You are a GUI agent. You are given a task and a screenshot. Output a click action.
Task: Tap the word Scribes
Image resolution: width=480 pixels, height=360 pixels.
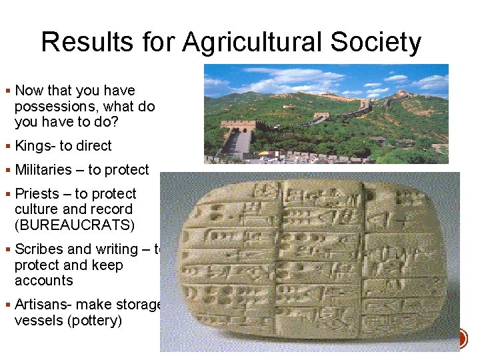[39, 249]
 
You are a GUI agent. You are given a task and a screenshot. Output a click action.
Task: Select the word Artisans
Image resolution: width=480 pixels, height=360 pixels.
[42, 305]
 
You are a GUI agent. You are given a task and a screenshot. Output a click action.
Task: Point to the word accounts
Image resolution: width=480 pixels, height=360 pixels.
[44, 281]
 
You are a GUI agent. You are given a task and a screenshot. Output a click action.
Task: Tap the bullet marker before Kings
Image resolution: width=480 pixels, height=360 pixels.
[7, 147]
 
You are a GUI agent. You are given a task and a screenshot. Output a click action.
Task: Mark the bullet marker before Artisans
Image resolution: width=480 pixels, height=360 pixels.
[7, 305]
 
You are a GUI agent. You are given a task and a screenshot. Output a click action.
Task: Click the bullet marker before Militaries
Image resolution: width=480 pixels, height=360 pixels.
[7, 171]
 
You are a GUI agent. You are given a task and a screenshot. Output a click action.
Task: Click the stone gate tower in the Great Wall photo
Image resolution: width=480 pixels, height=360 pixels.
[238, 127]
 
